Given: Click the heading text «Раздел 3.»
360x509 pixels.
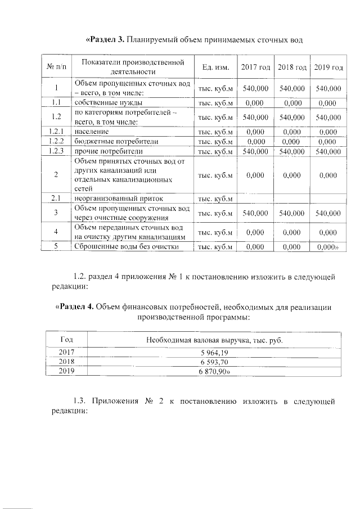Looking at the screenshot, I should tap(105, 40).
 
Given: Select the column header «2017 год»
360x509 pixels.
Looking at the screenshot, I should tap(255, 67).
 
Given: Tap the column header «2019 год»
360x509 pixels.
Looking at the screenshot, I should tap(328, 67).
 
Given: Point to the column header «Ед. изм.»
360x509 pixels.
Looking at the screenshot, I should tap(215, 67).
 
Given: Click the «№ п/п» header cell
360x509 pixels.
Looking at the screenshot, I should tap(56, 67).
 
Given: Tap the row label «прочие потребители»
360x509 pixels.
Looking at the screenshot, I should tap(108, 151).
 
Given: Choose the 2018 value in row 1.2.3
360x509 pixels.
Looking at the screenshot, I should tap(292, 151).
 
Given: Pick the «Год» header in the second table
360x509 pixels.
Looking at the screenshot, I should tap(66, 340).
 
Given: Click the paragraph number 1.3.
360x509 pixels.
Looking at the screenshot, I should tap(81, 401).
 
